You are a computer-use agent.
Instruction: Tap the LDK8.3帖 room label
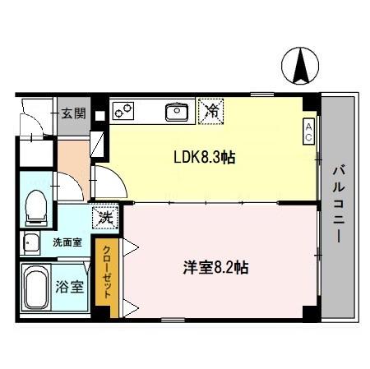point(204,157)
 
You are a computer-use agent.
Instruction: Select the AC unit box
point(308,131)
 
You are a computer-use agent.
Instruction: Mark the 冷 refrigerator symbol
point(211,109)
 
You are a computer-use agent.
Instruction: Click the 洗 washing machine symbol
point(106,218)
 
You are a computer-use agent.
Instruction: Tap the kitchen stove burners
point(123,110)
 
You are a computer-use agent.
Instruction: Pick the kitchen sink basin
point(176,110)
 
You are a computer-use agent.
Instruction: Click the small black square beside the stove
point(99,114)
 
